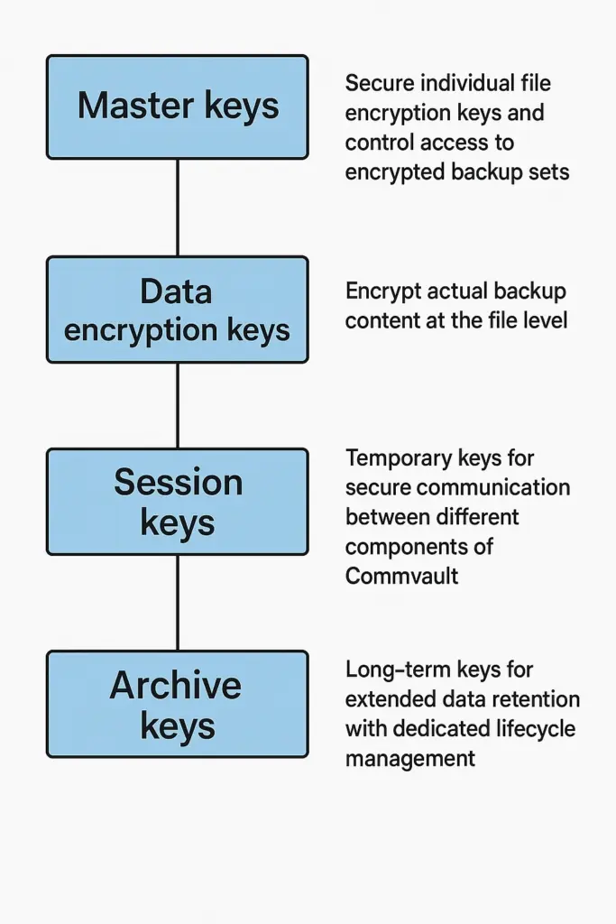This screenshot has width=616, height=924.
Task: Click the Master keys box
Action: point(177,106)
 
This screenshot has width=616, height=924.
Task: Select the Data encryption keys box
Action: point(177,310)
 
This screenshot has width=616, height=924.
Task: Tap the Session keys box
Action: point(177,502)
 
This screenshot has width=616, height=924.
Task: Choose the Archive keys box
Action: point(177,705)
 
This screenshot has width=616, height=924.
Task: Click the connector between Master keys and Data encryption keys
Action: point(177,208)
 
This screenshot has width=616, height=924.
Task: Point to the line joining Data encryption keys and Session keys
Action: point(177,406)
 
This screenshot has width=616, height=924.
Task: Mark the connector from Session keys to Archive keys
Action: point(177,603)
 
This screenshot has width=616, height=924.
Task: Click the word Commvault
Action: point(401,576)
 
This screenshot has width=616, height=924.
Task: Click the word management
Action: point(409,758)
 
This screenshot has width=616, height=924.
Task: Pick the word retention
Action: point(535,699)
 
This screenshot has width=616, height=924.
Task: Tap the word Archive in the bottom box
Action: point(176,686)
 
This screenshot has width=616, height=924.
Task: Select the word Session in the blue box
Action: point(178,483)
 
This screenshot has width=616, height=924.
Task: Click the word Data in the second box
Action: point(177,291)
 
